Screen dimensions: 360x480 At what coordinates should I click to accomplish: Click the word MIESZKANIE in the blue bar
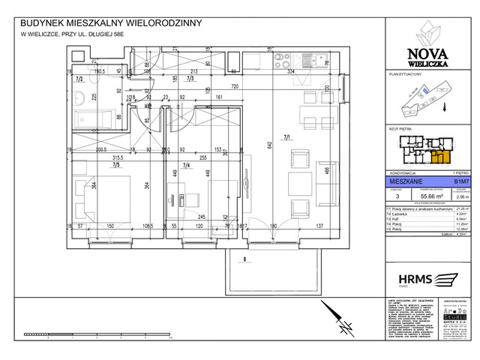403,181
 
